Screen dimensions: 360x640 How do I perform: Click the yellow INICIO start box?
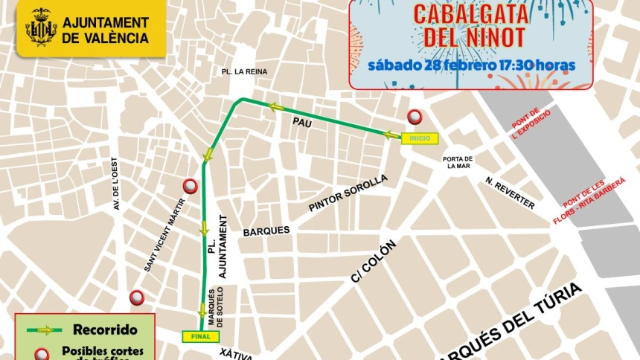click(420, 138)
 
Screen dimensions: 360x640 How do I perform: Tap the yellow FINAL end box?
click(201, 336)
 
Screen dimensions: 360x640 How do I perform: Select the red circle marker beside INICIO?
click(415, 117)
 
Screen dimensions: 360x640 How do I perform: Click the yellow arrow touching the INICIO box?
click(391, 135)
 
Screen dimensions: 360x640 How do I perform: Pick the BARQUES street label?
click(266, 231)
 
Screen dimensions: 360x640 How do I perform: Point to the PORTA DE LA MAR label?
click(458, 162)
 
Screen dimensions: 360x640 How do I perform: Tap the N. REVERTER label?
click(510, 193)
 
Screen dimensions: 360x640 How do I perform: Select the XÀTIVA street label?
click(237, 354)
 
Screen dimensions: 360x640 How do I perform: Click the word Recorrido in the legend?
click(104, 330)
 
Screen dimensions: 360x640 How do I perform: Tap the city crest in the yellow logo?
click(41, 28)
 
